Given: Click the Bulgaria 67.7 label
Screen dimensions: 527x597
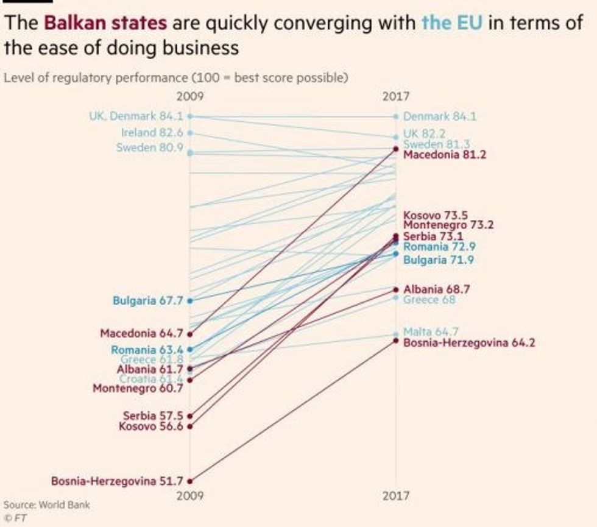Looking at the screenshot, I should [148, 300].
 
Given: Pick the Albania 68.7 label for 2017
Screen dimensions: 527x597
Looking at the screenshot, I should [436, 289].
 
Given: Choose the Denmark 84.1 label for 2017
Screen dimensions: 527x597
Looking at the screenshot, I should [440, 116].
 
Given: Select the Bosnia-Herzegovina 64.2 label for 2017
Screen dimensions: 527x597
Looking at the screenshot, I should [469, 342].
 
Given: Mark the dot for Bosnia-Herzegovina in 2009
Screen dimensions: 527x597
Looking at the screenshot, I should [189, 481].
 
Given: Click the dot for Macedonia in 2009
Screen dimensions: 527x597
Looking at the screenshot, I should [189, 334].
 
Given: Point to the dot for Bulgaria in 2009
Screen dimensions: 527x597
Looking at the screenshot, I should [189, 300].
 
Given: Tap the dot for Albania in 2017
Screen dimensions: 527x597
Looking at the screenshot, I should [396, 289].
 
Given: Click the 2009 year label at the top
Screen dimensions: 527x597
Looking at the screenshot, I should [190, 96].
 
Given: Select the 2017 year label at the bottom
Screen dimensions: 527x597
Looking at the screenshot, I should [397, 496].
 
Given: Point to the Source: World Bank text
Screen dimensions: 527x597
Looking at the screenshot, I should [46, 505].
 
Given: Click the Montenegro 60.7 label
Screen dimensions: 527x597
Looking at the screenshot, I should [138, 388].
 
